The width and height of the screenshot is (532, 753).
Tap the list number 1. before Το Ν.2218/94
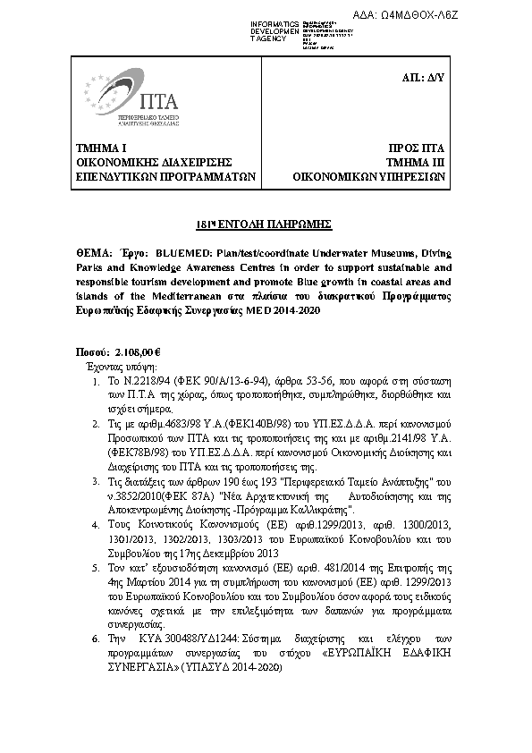tap(97, 382)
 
